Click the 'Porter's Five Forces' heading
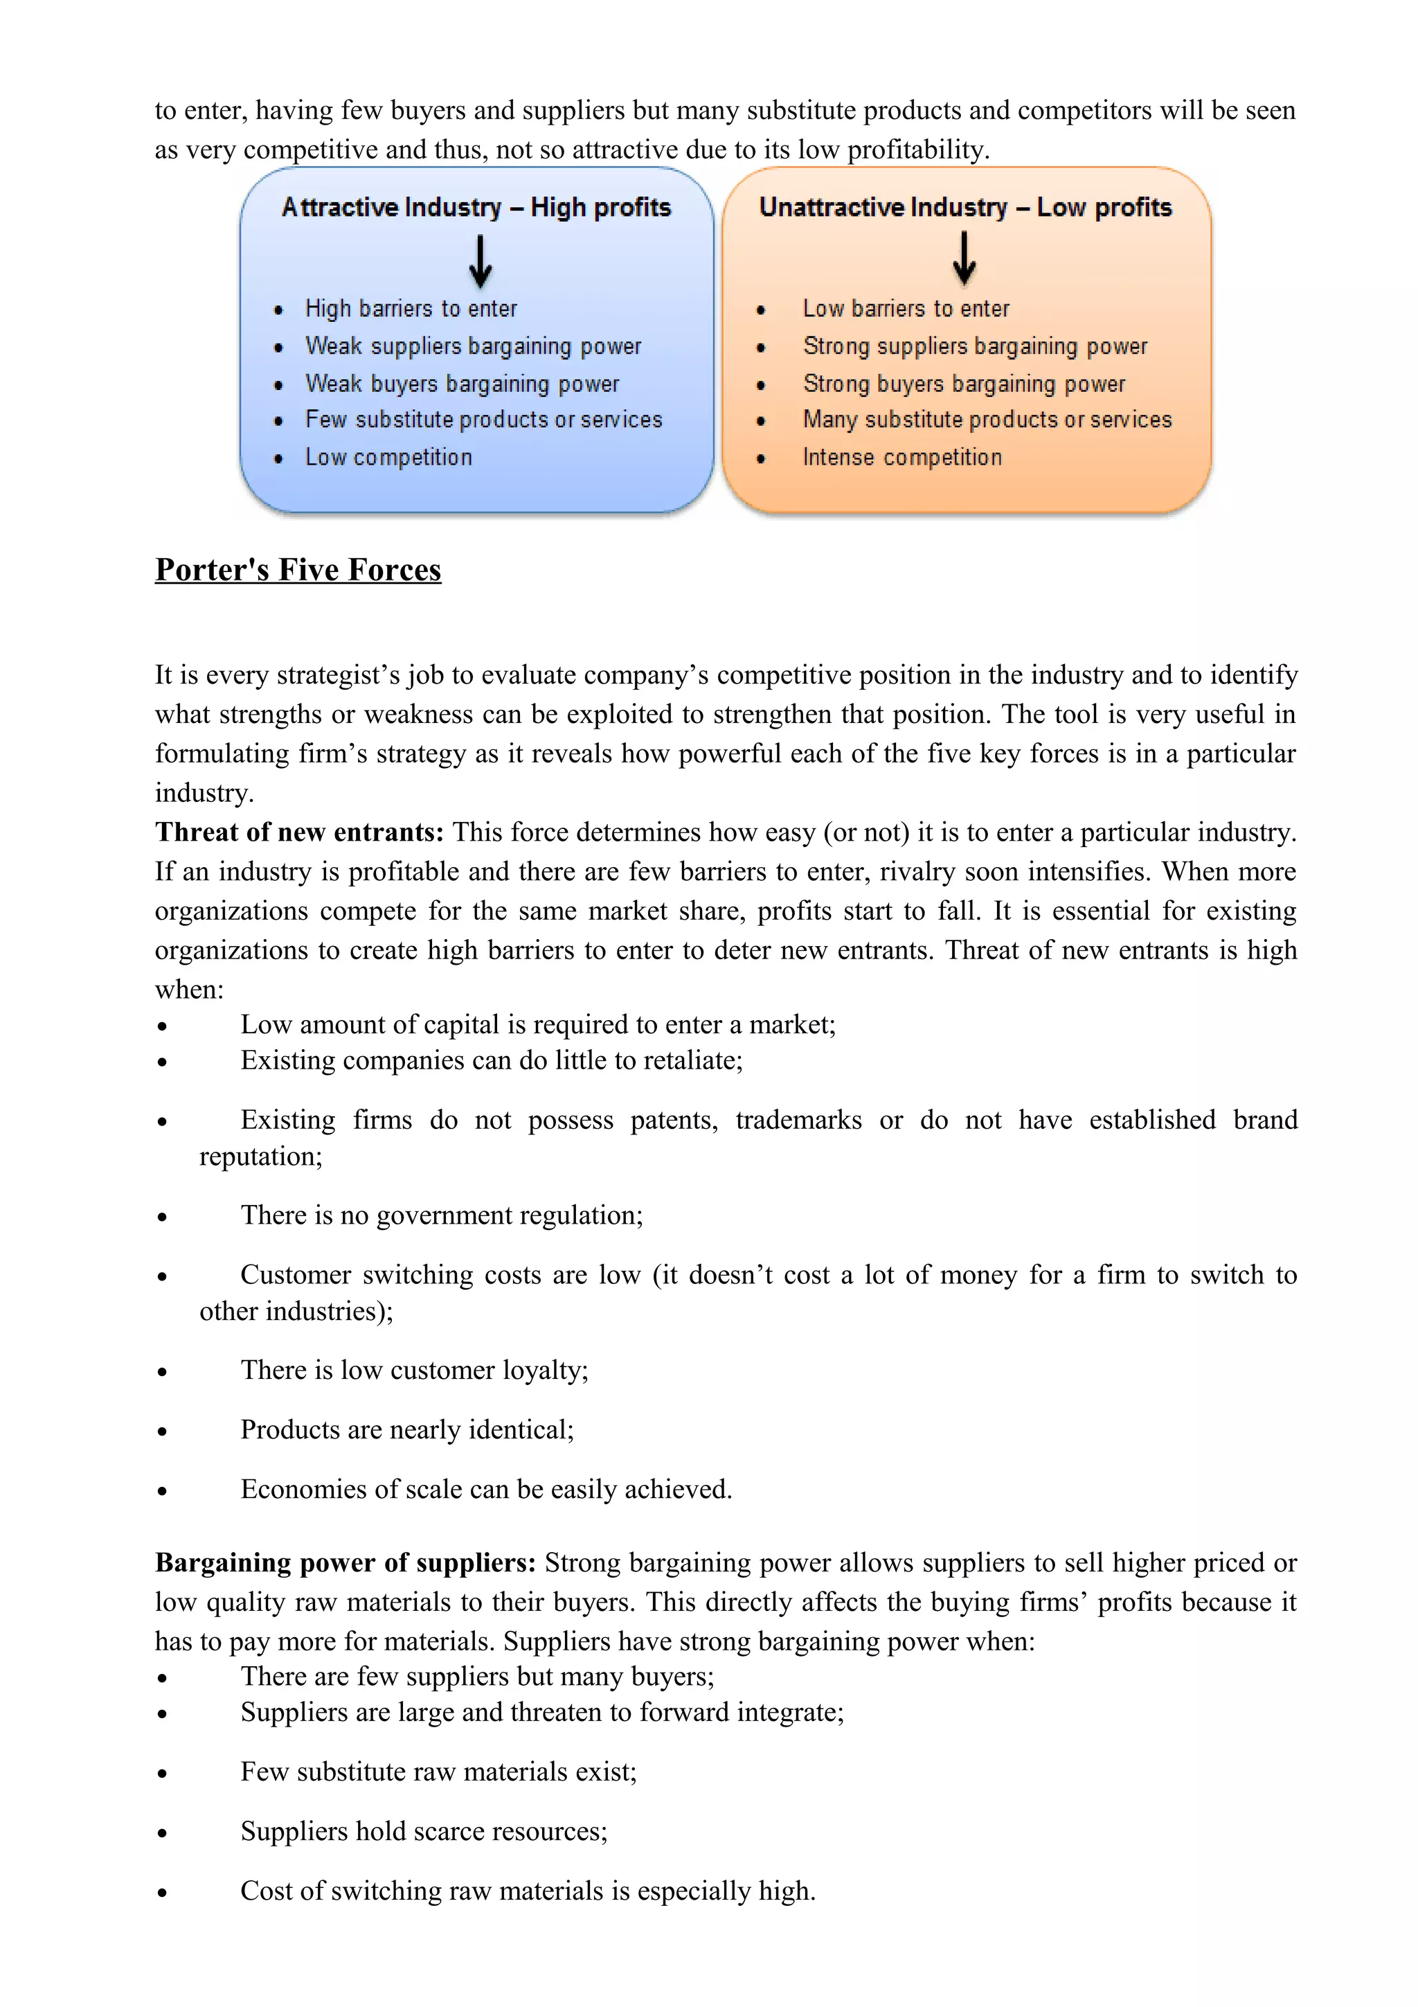click(x=298, y=570)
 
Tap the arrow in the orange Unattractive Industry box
click(x=964, y=259)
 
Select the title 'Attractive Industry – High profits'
click(x=476, y=207)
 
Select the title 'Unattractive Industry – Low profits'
click(x=965, y=207)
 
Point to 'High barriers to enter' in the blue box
click(x=411, y=309)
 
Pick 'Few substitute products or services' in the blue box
click(x=483, y=420)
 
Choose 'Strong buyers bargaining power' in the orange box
click(x=964, y=384)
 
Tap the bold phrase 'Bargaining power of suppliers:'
click(x=345, y=1562)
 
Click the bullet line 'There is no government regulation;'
click(x=441, y=1215)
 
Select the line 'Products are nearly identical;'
click(x=407, y=1429)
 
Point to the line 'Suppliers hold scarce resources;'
click(x=424, y=1830)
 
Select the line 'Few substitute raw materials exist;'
click(x=438, y=1771)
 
